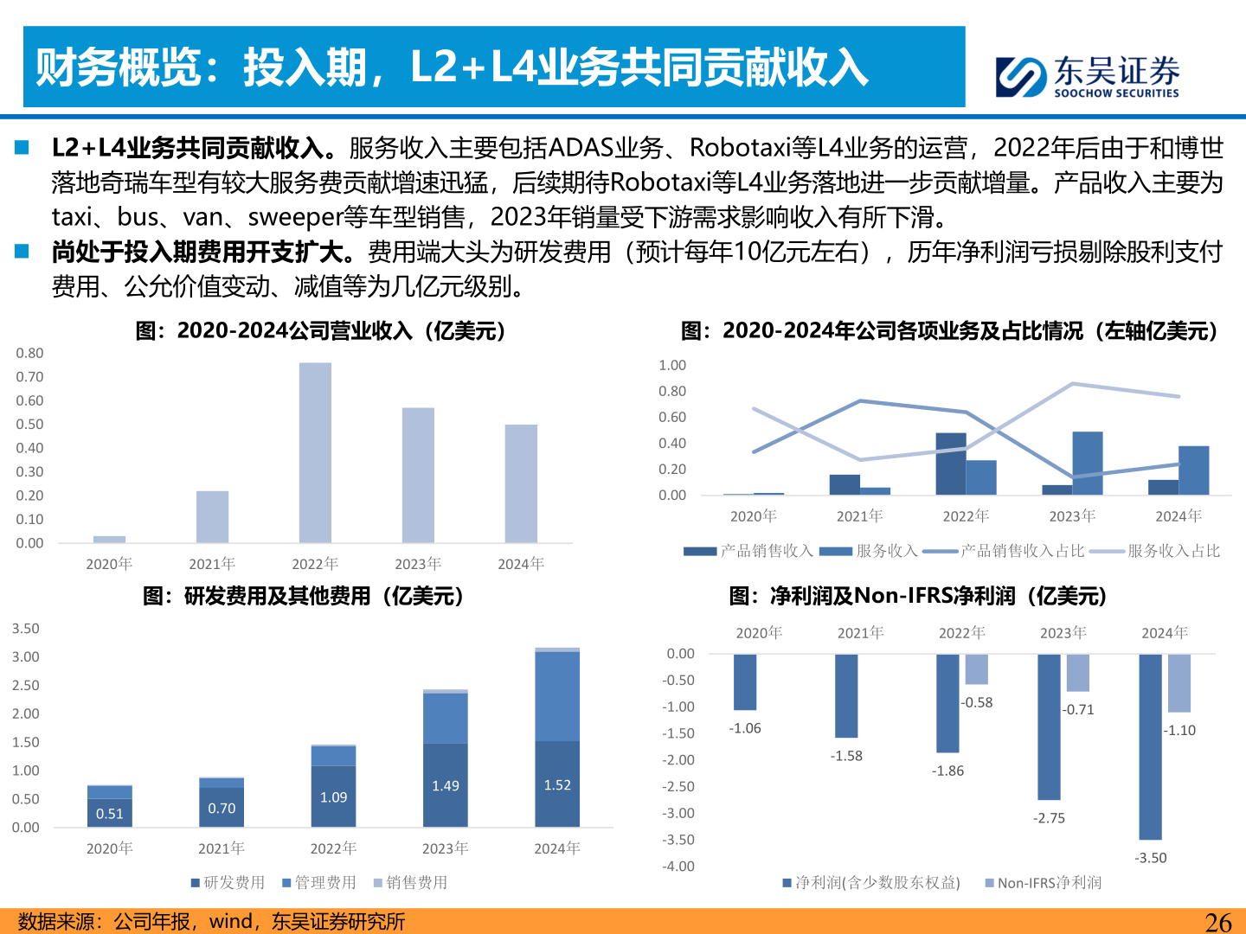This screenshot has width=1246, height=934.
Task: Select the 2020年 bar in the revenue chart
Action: coord(109,539)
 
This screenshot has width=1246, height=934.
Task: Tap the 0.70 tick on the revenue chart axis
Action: coord(29,377)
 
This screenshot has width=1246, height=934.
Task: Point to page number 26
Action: coord(1218,922)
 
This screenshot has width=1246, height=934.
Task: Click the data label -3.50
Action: coord(1151,858)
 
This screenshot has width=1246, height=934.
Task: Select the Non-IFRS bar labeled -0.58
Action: coord(977,669)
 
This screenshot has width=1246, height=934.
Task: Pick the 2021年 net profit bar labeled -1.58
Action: coord(846,695)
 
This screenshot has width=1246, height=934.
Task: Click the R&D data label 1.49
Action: coord(446,786)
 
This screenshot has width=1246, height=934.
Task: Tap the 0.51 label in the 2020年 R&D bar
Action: coord(110,814)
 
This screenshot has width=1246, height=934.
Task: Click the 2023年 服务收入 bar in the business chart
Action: coord(1088,464)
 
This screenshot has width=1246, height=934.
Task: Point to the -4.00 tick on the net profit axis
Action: coord(678,867)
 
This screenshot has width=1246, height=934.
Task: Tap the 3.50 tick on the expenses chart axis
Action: coord(26,629)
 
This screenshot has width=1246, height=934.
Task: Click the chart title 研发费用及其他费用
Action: coord(303,596)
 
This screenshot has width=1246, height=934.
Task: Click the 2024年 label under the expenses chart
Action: coord(557,848)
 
